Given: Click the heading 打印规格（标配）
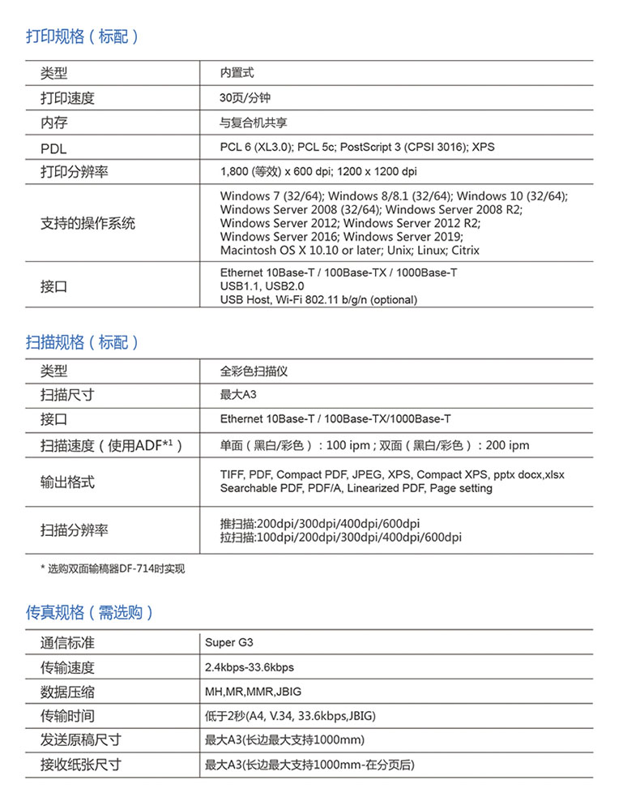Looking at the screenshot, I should coord(83,36).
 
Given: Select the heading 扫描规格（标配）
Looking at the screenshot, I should coord(83,342).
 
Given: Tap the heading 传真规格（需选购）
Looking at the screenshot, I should coord(90,612).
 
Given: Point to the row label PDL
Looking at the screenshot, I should coord(53,148).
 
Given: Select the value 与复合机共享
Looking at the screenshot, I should coord(254,123).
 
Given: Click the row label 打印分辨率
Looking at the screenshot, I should coord(75,172).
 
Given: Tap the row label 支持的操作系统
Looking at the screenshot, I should coord(87,223).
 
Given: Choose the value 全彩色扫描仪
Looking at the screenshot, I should coord(254,371).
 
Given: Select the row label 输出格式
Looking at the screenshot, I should coord(67,482).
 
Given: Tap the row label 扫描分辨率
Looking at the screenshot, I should coord(75,530).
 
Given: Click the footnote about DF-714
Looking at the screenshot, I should coord(113,568).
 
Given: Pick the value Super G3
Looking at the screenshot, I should coord(229,643).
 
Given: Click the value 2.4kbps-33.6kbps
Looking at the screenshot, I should coord(250,667).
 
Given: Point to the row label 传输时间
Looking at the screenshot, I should coord(67,716).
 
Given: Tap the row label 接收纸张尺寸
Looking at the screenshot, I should coord(81,765).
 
